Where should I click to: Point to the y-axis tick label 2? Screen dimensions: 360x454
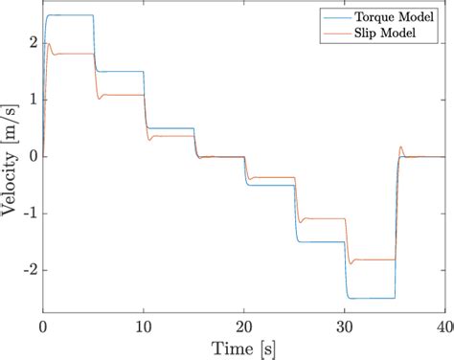33,43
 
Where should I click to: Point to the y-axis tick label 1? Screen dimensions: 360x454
33,100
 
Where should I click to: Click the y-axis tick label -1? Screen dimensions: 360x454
29,214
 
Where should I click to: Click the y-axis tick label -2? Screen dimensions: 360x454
29,270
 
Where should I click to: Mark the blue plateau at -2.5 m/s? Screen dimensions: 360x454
370,298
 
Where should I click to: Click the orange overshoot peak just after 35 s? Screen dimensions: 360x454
400,147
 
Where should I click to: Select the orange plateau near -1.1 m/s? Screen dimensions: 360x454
322,218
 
